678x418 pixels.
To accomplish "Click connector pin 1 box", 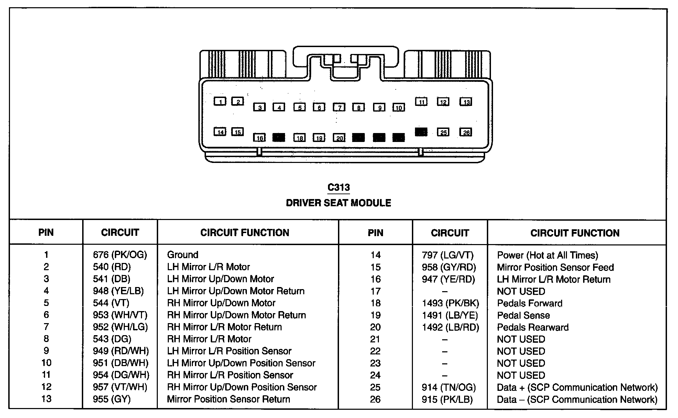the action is [x=220, y=101].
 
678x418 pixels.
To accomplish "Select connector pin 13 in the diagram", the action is [x=466, y=102].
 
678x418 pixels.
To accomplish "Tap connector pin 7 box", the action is [x=339, y=108].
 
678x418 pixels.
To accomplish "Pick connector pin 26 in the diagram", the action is [x=466, y=132].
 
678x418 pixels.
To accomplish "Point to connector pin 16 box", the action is [x=259, y=138].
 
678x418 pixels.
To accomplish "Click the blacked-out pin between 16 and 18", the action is [x=278, y=137].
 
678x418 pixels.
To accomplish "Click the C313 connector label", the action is [x=339, y=187].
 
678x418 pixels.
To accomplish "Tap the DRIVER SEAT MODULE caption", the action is [x=338, y=203].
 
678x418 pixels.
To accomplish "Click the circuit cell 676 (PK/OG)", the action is [x=120, y=255].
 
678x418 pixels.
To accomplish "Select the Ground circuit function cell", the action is [x=183, y=255].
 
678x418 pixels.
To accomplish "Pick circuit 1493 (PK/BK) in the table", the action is [x=450, y=303].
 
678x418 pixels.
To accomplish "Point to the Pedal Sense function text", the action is [x=523, y=315].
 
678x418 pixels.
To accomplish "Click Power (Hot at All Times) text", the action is [x=547, y=255].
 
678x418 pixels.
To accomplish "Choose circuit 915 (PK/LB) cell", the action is [x=447, y=399].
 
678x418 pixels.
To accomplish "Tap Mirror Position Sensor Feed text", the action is [x=555, y=267].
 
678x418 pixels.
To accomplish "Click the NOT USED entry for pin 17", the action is [x=521, y=291].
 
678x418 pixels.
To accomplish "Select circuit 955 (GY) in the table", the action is [x=112, y=399].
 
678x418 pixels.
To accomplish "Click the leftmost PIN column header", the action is [x=46, y=233].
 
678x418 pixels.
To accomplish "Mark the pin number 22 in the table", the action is [x=375, y=351].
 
